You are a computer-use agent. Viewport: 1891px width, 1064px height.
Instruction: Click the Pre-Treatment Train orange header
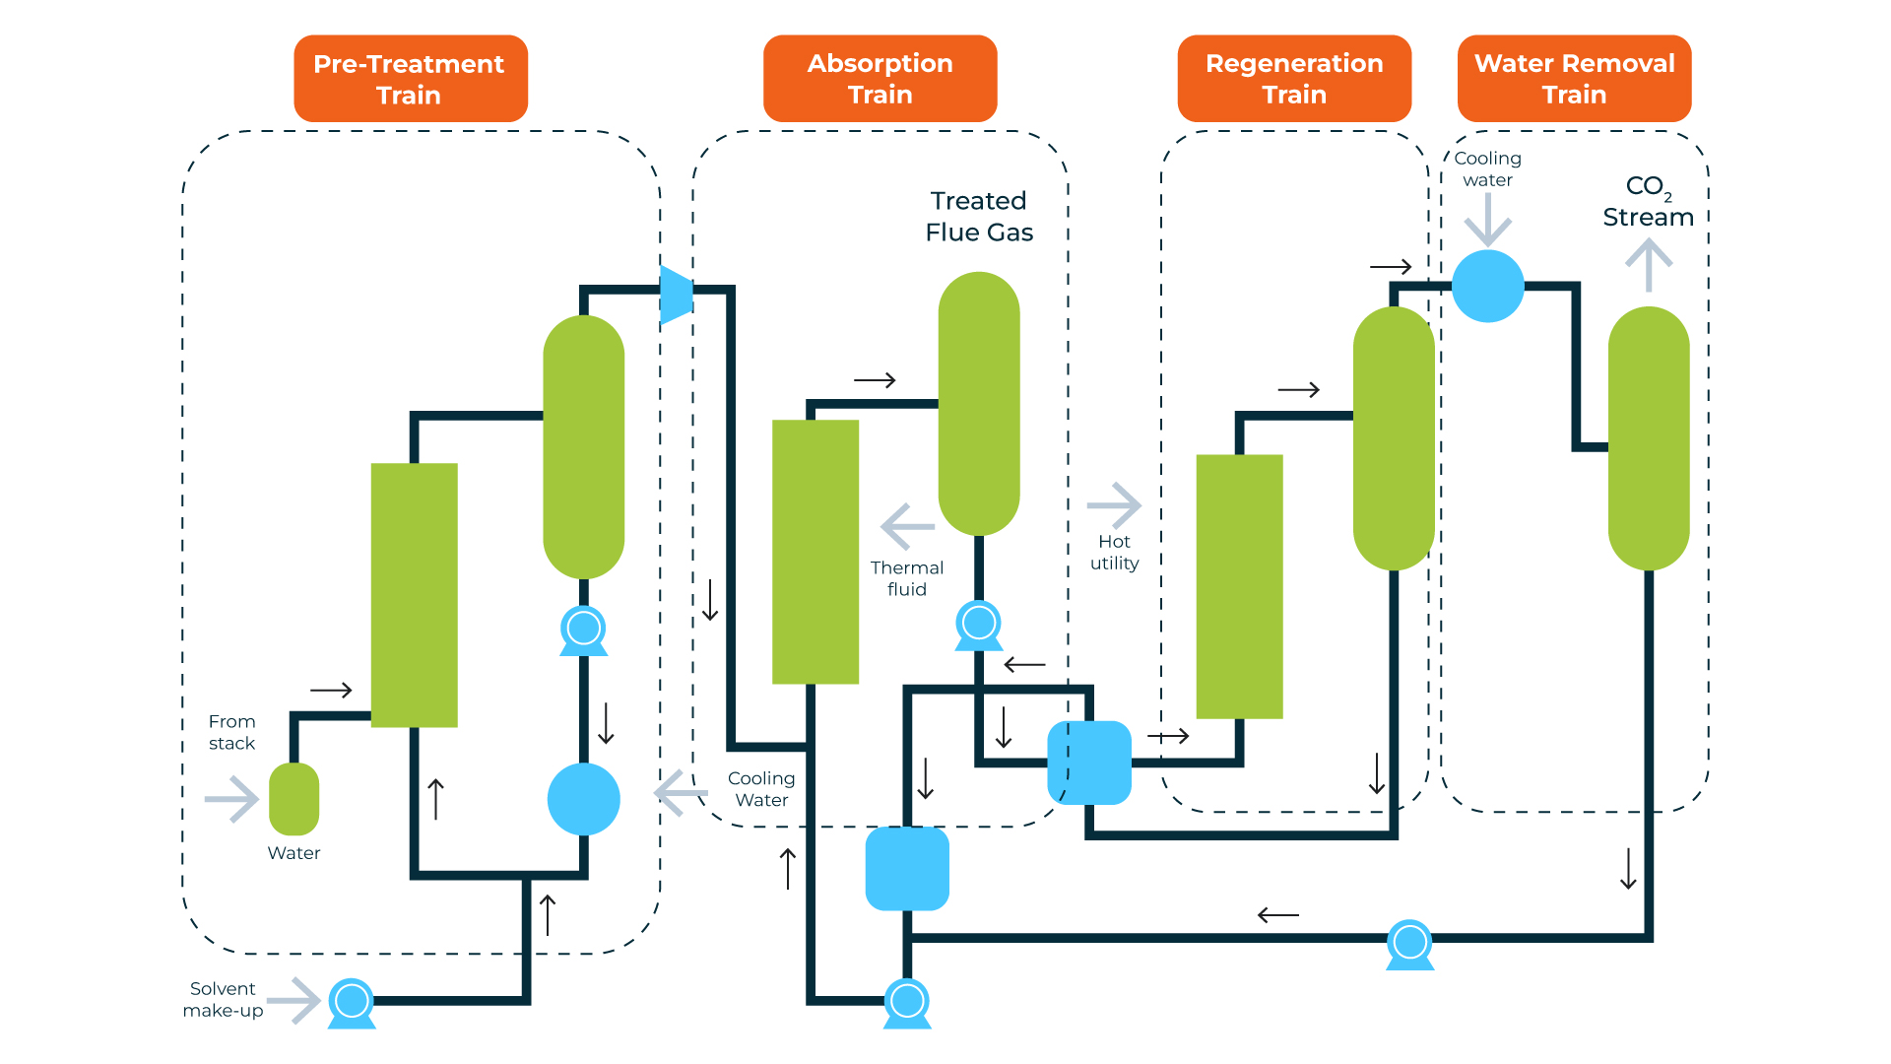click(410, 79)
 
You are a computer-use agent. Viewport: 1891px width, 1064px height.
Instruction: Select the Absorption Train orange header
click(880, 79)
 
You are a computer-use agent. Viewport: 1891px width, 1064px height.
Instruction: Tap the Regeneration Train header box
click(1294, 79)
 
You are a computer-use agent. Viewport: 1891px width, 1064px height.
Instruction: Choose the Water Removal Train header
click(1574, 79)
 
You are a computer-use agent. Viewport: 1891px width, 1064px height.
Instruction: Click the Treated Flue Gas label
click(979, 217)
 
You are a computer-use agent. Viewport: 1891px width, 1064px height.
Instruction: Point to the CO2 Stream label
click(1648, 202)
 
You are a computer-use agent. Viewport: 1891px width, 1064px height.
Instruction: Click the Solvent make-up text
click(223, 999)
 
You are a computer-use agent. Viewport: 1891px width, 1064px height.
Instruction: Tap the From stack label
click(231, 732)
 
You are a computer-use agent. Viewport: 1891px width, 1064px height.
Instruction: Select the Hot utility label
click(1114, 553)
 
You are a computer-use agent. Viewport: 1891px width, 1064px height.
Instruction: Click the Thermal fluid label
click(906, 578)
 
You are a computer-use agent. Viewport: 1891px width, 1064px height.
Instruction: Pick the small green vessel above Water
click(293, 799)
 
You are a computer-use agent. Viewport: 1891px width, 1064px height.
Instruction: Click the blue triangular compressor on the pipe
click(677, 294)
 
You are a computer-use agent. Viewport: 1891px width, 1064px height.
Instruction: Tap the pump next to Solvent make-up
click(352, 1003)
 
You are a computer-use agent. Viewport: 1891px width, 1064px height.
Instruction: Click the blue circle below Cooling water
click(1488, 286)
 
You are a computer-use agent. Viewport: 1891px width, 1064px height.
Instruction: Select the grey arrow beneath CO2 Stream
click(1649, 264)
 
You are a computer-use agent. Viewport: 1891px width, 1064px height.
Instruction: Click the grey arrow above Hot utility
click(1114, 505)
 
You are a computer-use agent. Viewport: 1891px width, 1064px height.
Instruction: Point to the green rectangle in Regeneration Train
click(1239, 586)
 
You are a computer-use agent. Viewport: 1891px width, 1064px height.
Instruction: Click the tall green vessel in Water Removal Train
click(1649, 438)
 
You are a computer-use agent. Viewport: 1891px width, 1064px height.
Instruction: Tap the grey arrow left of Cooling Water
click(681, 792)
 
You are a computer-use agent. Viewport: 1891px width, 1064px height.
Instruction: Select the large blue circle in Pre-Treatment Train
click(584, 799)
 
